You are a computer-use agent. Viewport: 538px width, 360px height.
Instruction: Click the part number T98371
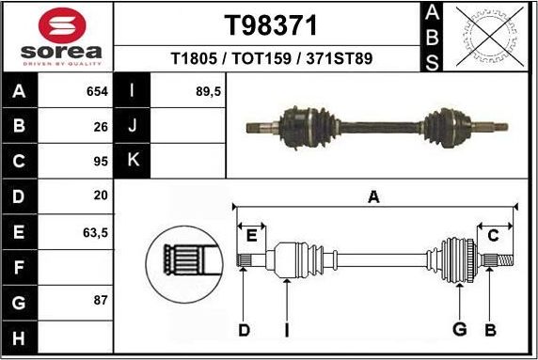click(271, 23)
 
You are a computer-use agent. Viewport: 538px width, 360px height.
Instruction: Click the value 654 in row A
click(96, 92)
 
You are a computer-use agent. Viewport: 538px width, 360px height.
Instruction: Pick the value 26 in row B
click(102, 125)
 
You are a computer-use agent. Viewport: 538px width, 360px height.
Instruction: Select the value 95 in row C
click(102, 160)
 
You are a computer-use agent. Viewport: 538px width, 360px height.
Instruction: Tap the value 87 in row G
click(102, 300)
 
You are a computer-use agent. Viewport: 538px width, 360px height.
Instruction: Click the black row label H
click(20, 337)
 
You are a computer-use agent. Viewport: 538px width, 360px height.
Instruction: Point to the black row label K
click(133, 160)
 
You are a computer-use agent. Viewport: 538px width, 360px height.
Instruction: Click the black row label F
click(20, 266)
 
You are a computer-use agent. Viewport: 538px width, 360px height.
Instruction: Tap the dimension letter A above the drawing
click(373, 197)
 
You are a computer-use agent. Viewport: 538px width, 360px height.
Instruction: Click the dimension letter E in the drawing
click(251, 235)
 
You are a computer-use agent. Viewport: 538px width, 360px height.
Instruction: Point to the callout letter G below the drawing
click(459, 329)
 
